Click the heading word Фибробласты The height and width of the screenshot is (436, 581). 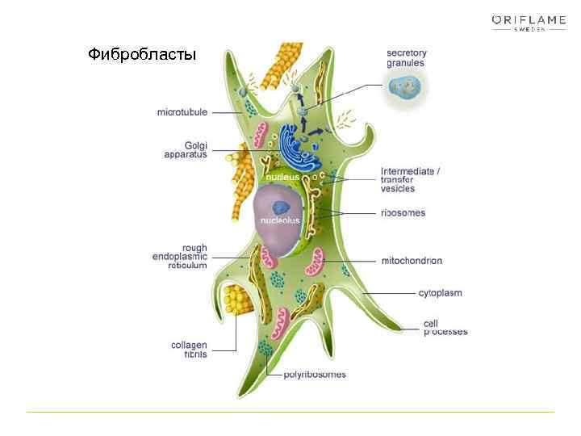tap(142, 55)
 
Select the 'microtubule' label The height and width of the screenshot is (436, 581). tap(182, 112)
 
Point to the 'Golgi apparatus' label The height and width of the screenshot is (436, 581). tap(186, 149)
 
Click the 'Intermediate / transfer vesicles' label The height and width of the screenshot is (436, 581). tap(410, 180)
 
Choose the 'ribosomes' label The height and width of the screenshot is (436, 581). tap(403, 213)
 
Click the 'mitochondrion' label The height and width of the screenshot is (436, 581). tap(412, 261)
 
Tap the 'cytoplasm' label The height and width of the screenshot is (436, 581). tap(440, 293)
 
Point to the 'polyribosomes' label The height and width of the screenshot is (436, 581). tap(315, 374)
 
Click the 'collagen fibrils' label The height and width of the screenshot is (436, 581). tap(189, 349)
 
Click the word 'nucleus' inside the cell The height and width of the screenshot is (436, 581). tap(283, 176)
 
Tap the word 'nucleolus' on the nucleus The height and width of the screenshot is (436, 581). tap(279, 220)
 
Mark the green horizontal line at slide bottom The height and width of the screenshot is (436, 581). tap(290, 412)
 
